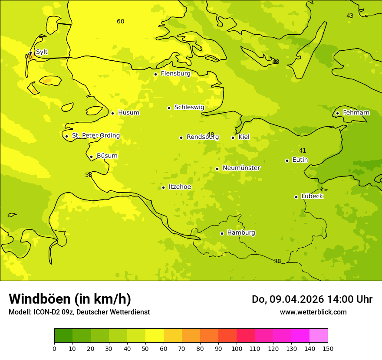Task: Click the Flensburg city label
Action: [x=175, y=74]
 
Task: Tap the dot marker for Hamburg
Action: [x=222, y=233]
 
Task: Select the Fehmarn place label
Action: [x=356, y=113]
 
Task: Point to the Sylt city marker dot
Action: [x=30, y=53]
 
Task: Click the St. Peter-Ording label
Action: [x=95, y=136]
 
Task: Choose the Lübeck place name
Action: [x=312, y=196]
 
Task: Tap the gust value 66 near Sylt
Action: [x=28, y=57]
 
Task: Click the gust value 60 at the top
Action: [x=121, y=22]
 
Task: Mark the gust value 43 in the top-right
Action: [x=350, y=16]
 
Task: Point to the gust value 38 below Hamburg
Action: [x=277, y=262]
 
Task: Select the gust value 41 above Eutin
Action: [x=303, y=151]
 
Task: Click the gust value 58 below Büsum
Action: [x=89, y=175]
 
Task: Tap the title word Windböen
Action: [x=40, y=299]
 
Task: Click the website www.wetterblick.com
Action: [x=313, y=312]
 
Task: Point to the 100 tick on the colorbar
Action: [x=237, y=348]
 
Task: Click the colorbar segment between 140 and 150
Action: [x=319, y=336]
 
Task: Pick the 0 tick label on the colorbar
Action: [x=54, y=348]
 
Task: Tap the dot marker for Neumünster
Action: [x=217, y=169]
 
